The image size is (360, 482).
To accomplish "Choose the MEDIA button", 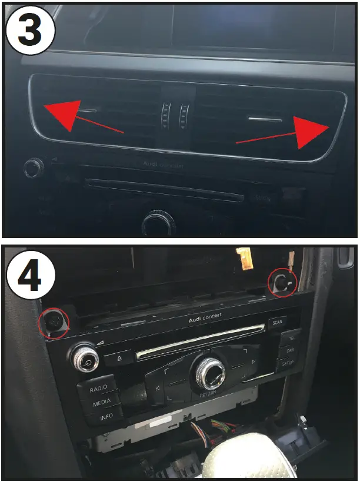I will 101,403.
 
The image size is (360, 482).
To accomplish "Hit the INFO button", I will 106,417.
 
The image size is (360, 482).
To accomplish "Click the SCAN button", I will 276,322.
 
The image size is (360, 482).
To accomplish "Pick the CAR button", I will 289,350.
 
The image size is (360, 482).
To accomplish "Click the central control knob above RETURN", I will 209,370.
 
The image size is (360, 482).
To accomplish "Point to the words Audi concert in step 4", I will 206,320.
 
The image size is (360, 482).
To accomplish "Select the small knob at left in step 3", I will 34,168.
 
